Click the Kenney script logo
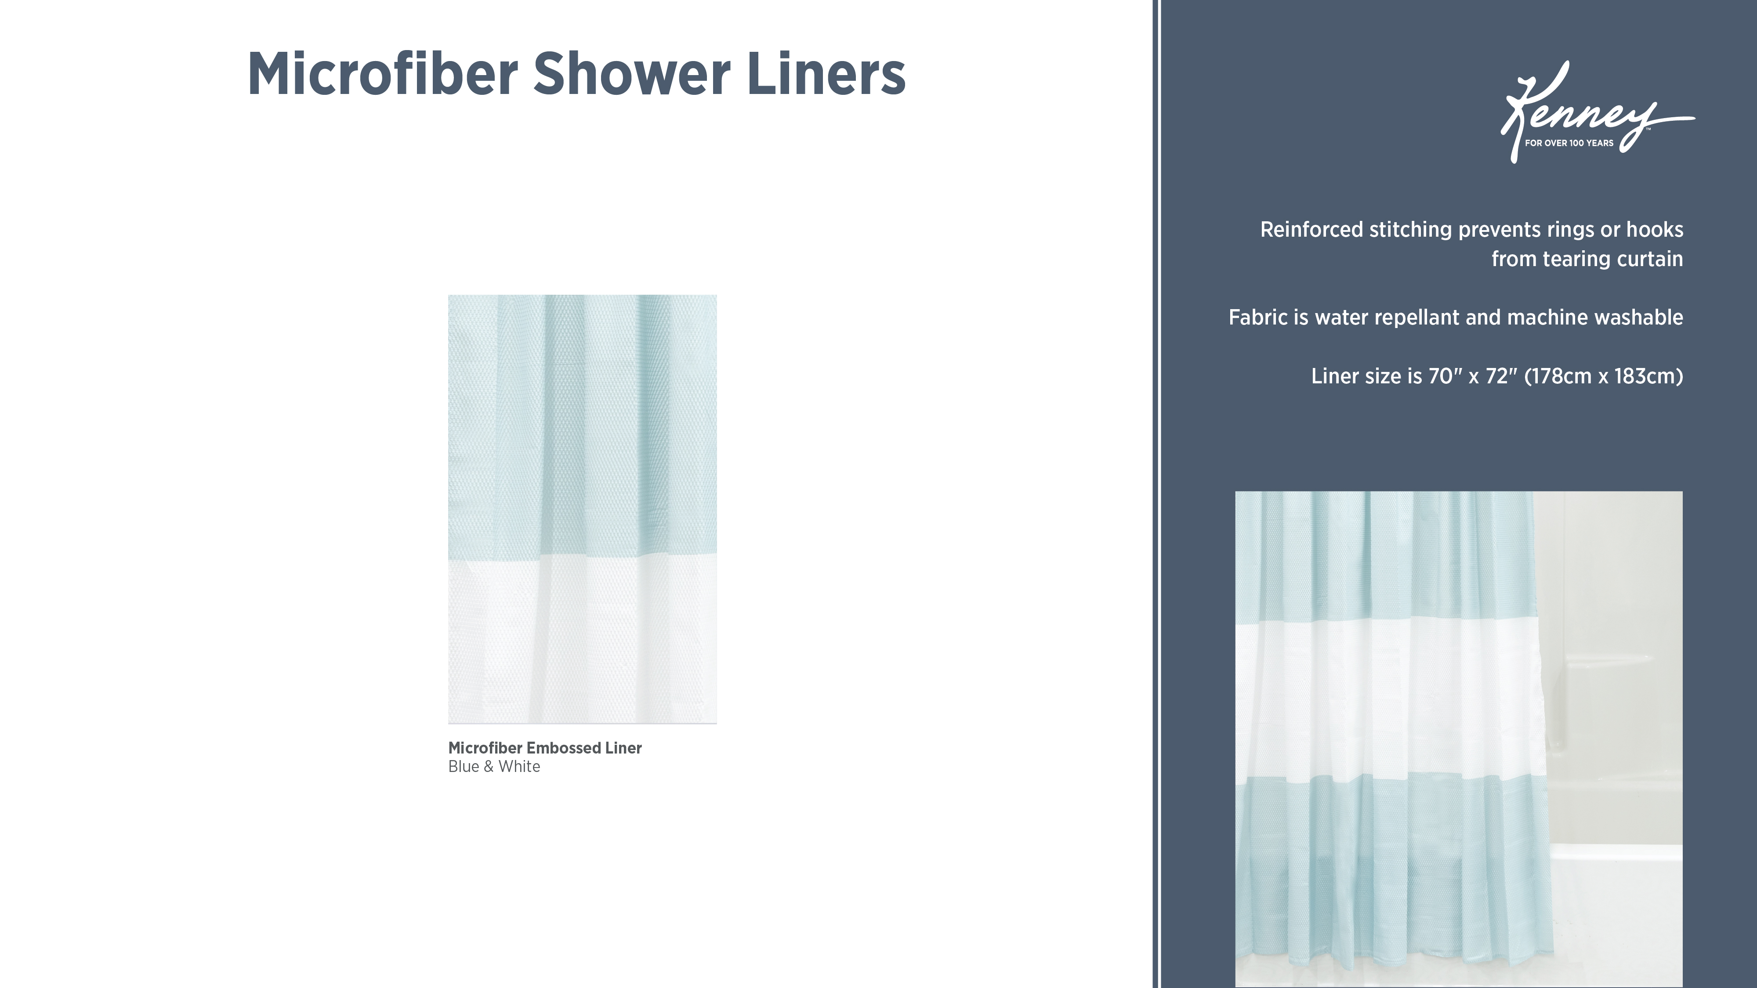click(x=1596, y=112)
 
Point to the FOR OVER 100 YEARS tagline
click(x=1569, y=143)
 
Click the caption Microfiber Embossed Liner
click(x=545, y=748)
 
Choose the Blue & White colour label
click(x=494, y=766)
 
